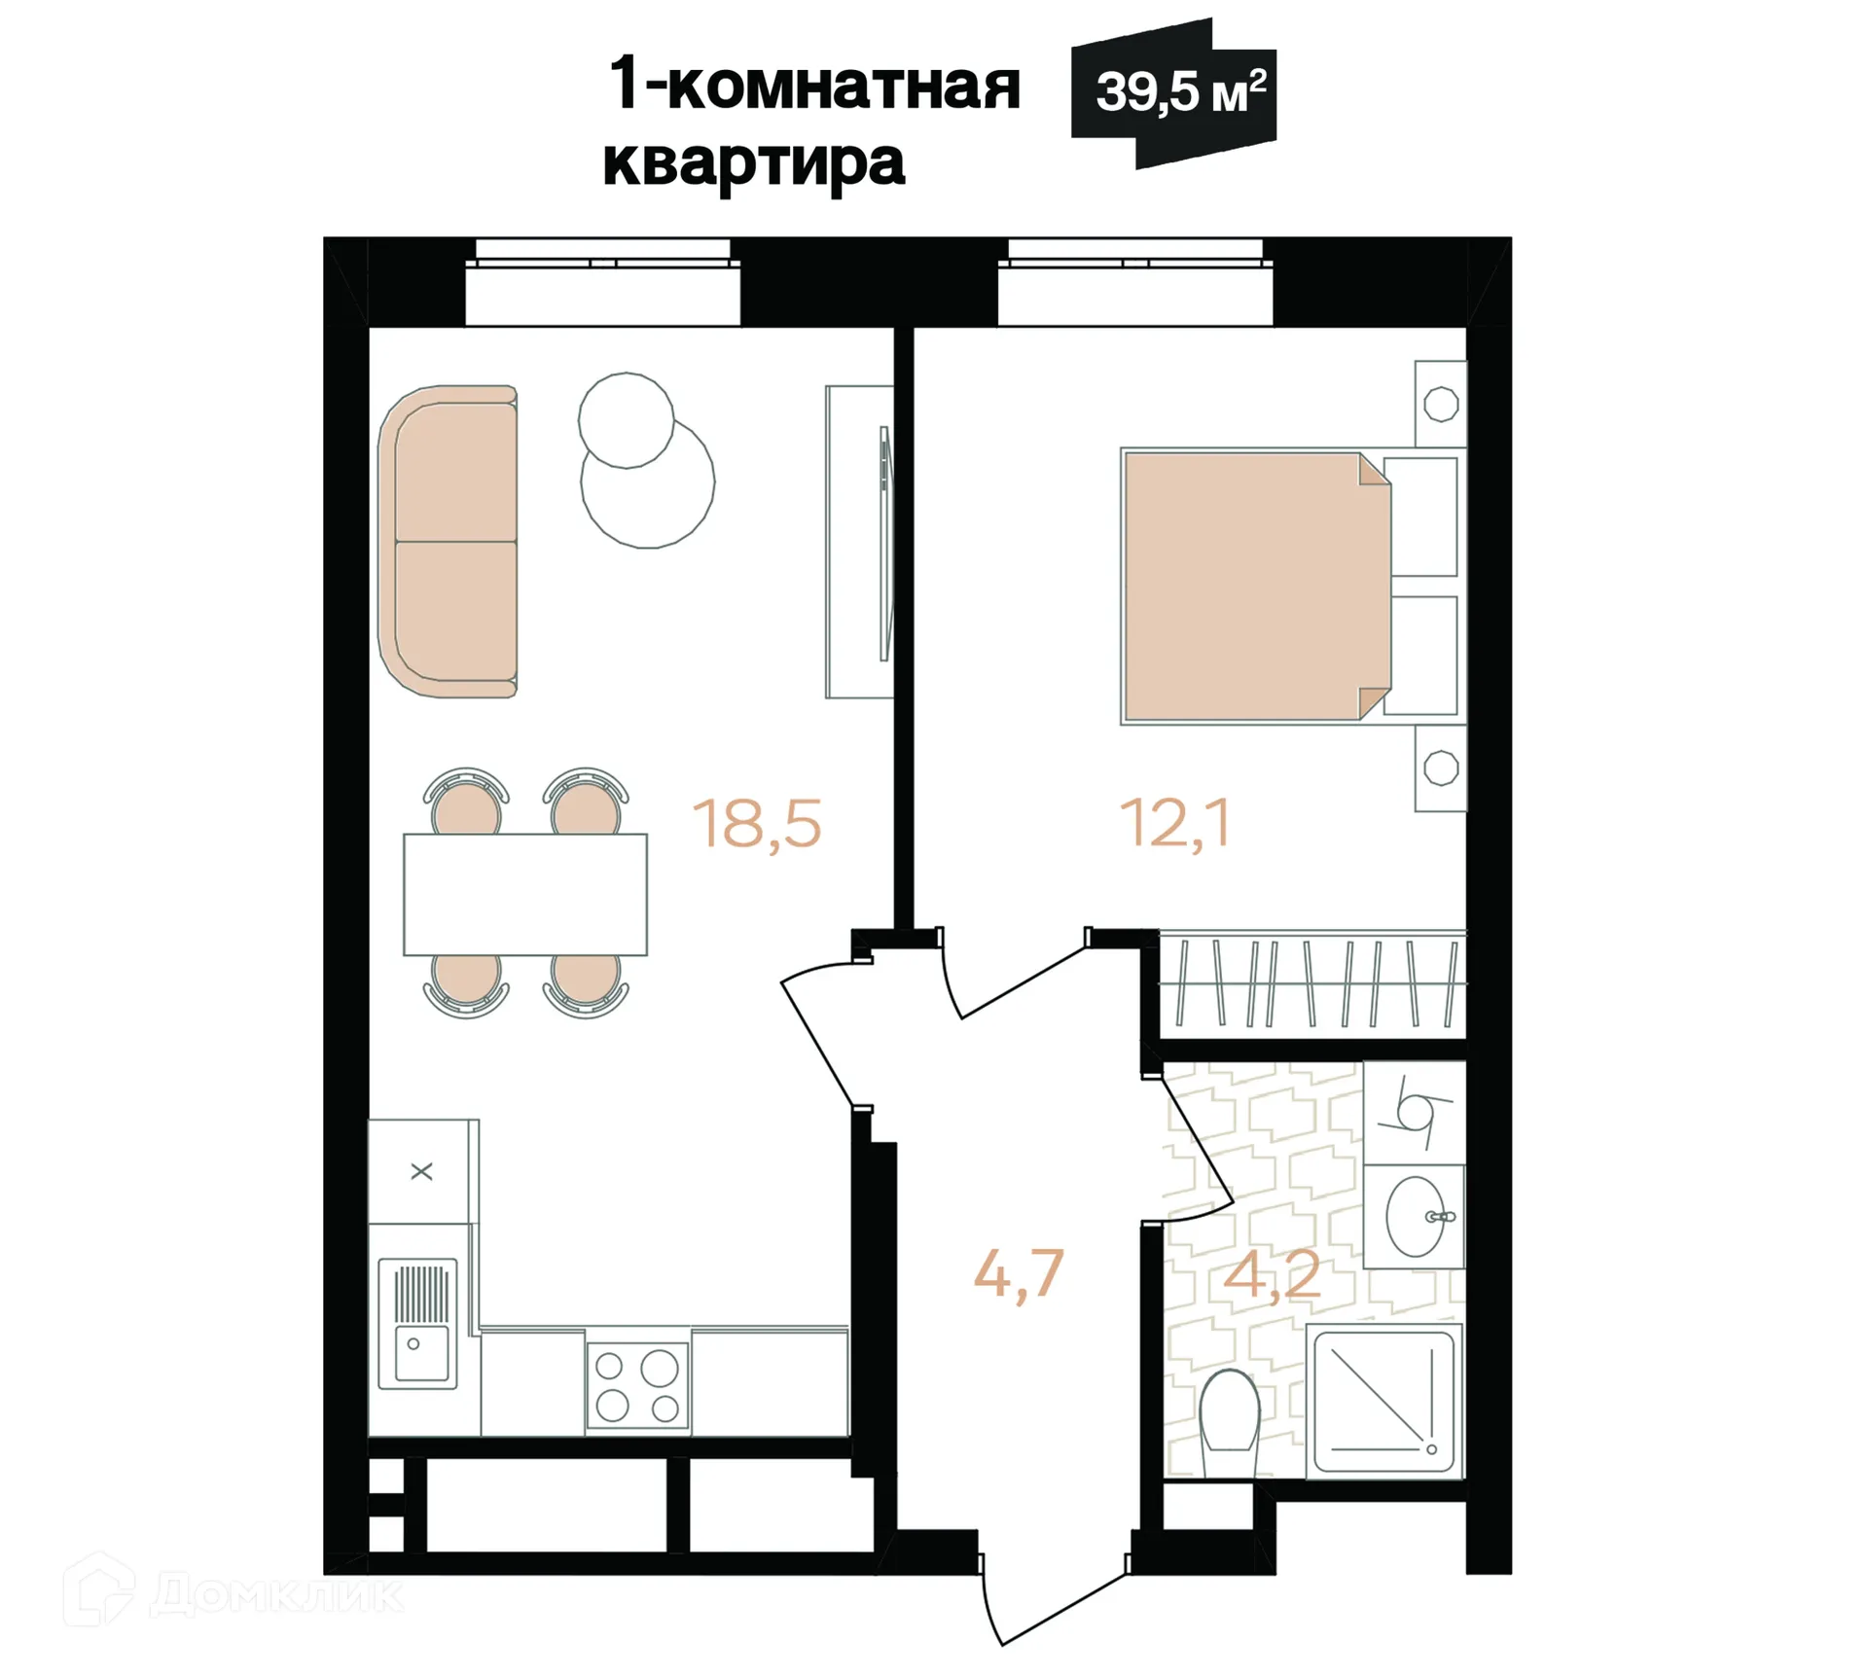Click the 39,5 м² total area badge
[1175, 92]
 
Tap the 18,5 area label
[757, 823]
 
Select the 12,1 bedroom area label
[1174, 823]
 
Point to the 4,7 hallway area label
[1018, 1273]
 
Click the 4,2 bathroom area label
[1271, 1275]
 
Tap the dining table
[525, 894]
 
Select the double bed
[1255, 587]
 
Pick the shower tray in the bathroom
[1383, 1401]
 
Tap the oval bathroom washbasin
[1415, 1216]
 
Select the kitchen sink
[418, 1323]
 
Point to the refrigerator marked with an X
[422, 1171]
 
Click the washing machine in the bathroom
[1414, 1112]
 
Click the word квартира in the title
[754, 161]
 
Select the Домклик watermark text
[276, 1593]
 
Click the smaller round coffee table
[626, 420]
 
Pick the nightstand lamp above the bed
[1441, 403]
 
